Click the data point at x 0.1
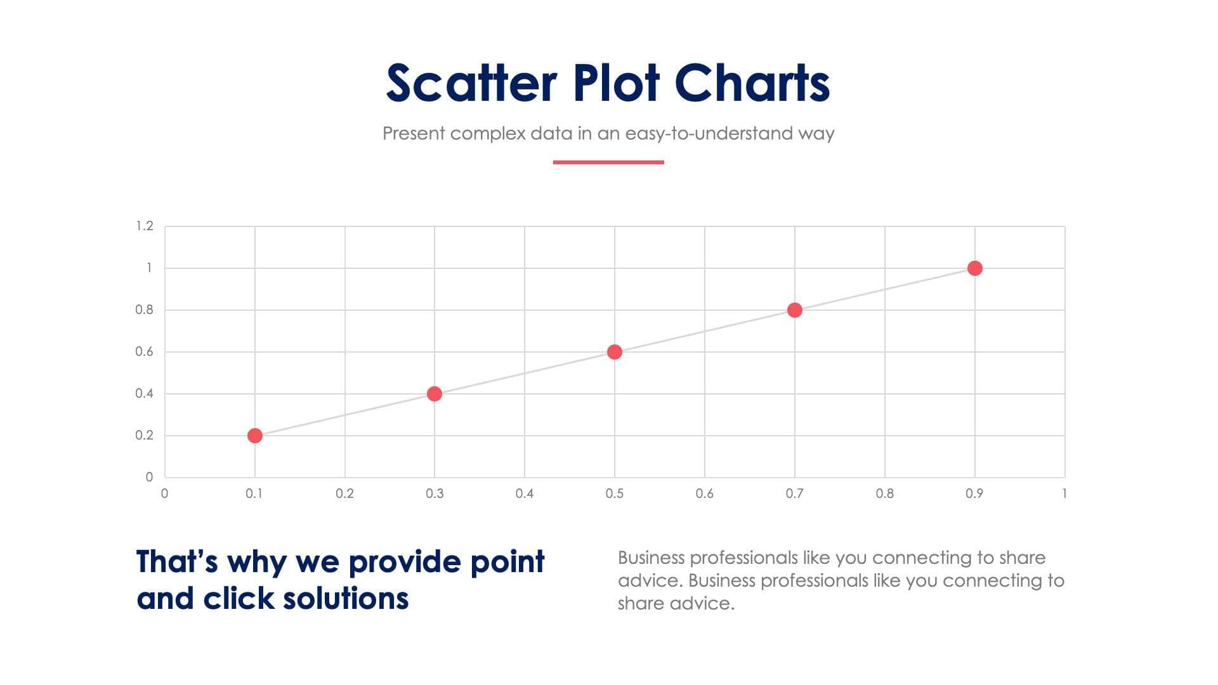click(254, 436)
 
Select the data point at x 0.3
click(435, 394)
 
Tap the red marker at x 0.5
click(614, 352)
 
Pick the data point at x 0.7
click(794, 310)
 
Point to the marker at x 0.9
click(974, 268)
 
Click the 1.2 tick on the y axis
click(145, 226)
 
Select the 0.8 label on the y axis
click(145, 310)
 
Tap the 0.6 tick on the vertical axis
click(145, 352)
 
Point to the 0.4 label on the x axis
click(525, 493)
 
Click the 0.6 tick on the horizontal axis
click(704, 493)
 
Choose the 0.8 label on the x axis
click(884, 493)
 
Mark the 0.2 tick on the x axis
click(344, 493)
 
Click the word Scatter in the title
click(471, 83)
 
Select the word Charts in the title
click(752, 83)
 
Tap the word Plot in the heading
click(616, 83)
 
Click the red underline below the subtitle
click(608, 162)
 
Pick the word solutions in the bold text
click(346, 598)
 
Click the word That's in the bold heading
click(177, 562)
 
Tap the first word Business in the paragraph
click(651, 558)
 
